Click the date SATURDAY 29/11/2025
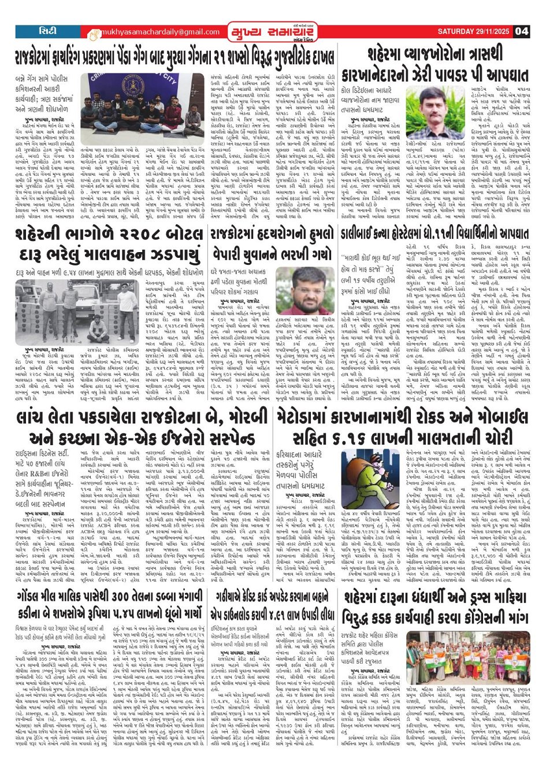point(474,31)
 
